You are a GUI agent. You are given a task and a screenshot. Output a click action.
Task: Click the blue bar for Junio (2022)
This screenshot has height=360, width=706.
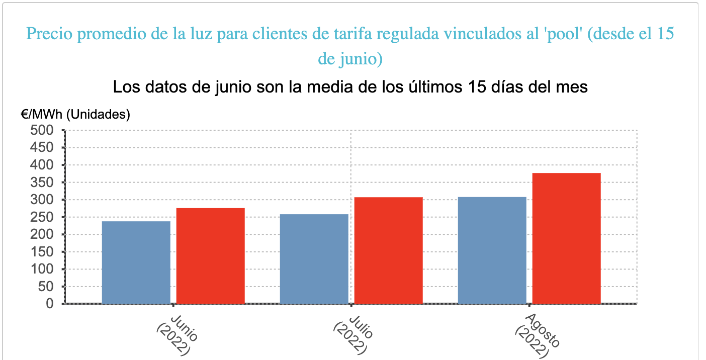[136, 262]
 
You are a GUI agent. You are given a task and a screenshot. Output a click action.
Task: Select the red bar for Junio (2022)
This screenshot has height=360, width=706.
[210, 255]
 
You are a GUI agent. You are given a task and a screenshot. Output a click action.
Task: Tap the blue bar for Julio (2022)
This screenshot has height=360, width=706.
[314, 258]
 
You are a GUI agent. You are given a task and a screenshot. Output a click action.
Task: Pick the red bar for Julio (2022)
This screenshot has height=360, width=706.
[388, 250]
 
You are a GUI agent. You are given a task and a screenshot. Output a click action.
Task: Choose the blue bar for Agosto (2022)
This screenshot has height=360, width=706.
[492, 250]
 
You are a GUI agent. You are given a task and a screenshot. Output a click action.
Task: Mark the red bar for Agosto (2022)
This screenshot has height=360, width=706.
[566, 238]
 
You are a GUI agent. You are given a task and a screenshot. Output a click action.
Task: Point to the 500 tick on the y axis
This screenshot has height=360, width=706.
[42, 130]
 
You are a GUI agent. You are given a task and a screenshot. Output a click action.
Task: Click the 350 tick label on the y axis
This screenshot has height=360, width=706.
[42, 183]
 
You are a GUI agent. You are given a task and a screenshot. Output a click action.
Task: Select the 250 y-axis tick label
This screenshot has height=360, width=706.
[42, 217]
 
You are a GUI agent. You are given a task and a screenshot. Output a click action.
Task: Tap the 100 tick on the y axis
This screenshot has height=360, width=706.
[42, 269]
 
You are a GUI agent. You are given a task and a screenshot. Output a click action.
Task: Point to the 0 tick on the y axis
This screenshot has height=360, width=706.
[49, 304]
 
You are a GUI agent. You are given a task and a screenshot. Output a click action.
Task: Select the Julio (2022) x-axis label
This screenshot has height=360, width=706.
[354, 334]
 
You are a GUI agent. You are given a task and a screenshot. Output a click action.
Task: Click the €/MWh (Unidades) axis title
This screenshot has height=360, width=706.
[75, 115]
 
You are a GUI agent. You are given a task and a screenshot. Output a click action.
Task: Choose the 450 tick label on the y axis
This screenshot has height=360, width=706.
[42, 148]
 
